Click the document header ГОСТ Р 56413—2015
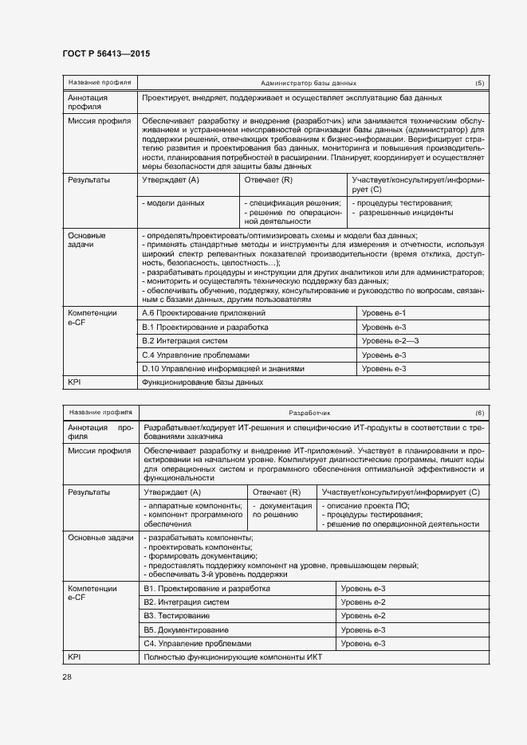pyautogui.click(x=106, y=54)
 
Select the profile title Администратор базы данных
pyautogui.click(x=308, y=83)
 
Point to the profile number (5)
pyautogui.click(x=479, y=83)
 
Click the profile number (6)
pyautogui.click(x=479, y=413)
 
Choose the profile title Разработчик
pyautogui.click(x=309, y=413)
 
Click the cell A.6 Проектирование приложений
pyautogui.click(x=203, y=314)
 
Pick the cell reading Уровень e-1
pyautogui.click(x=383, y=314)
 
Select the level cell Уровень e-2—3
pyautogui.click(x=390, y=341)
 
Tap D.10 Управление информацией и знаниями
pyautogui.click(x=223, y=369)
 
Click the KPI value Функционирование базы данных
pyautogui.click(x=202, y=382)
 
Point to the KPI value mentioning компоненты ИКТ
pyautogui.click(x=236, y=657)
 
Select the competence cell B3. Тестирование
pyautogui.click(x=177, y=616)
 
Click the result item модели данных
pyautogui.click(x=173, y=203)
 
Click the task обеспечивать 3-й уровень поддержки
pyautogui.click(x=215, y=574)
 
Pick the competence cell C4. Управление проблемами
pyautogui.click(x=198, y=643)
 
